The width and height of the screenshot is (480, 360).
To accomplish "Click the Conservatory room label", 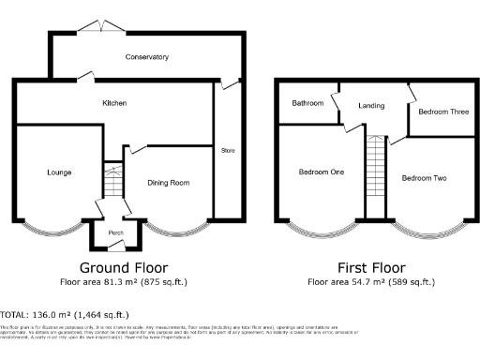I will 147,57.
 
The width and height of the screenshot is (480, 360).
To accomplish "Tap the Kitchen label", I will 114,102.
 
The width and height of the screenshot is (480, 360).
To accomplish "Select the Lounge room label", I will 60,172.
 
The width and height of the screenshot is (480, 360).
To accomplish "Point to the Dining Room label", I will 169,182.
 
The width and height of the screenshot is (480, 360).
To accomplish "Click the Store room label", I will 227,150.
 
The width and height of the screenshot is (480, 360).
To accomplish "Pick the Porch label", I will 116,233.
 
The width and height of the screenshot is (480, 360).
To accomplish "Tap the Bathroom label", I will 307,102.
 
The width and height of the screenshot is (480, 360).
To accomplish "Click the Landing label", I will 371,106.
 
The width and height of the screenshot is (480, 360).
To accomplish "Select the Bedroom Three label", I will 443,112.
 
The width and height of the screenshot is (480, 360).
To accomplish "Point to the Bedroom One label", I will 322,172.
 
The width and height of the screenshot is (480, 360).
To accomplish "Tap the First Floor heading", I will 371,266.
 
